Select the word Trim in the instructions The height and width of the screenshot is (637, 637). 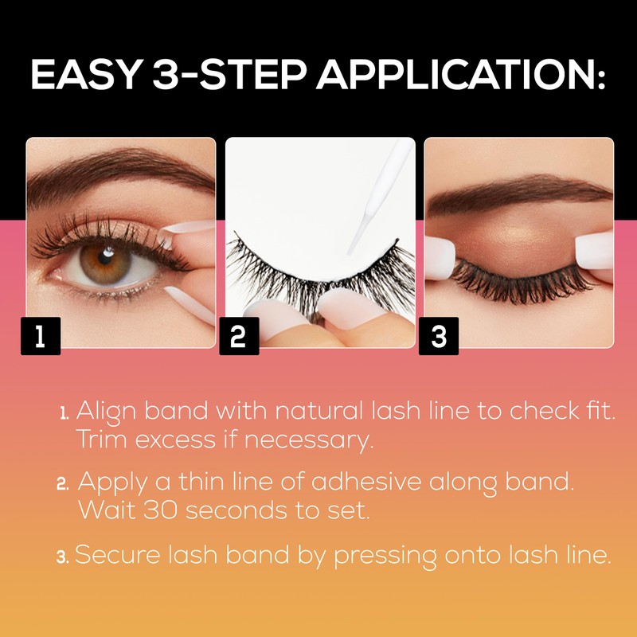(x=102, y=440)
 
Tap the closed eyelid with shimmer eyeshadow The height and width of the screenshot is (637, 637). (x=510, y=239)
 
